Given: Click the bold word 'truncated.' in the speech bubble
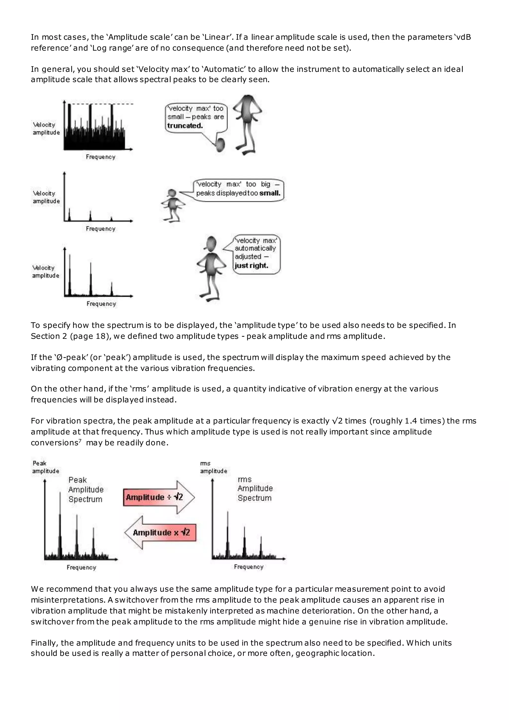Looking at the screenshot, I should tap(185, 126).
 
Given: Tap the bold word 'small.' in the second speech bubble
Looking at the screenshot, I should tap(270, 193).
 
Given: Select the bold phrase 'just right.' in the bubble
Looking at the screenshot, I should tap(251, 266).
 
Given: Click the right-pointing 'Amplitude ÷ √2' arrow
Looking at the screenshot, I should tap(158, 497).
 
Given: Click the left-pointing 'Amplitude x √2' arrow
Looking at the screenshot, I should tap(161, 533).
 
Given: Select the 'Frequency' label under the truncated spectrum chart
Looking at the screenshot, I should tap(101, 157).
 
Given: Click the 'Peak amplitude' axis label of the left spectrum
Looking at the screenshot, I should tap(45, 467).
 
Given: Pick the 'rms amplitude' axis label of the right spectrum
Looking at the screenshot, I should tap(213, 467).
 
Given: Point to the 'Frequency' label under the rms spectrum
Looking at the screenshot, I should tap(249, 567).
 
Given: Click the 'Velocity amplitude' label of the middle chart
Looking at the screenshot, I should tap(46, 197).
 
